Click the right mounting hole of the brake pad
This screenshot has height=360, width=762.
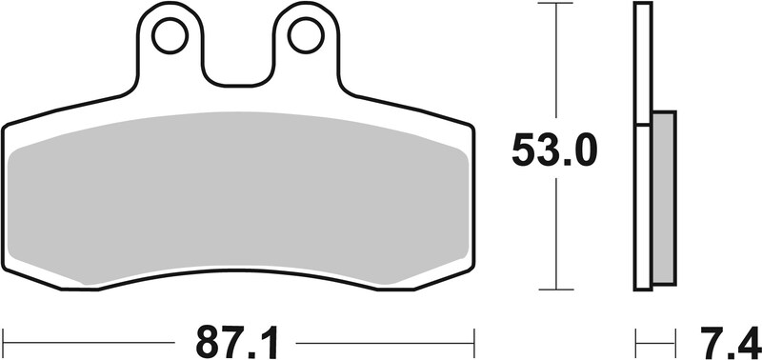click(305, 36)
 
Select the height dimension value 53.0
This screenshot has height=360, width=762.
click(553, 150)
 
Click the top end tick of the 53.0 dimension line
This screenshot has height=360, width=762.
click(555, 5)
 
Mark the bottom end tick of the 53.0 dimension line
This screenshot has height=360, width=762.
click(555, 290)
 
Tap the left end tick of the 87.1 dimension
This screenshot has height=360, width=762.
click(4, 339)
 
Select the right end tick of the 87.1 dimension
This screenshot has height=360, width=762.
click(473, 339)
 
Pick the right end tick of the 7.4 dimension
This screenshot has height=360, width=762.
click(675, 339)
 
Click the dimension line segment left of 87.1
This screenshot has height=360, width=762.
click(95, 339)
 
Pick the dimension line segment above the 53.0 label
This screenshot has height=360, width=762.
click(555, 67)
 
